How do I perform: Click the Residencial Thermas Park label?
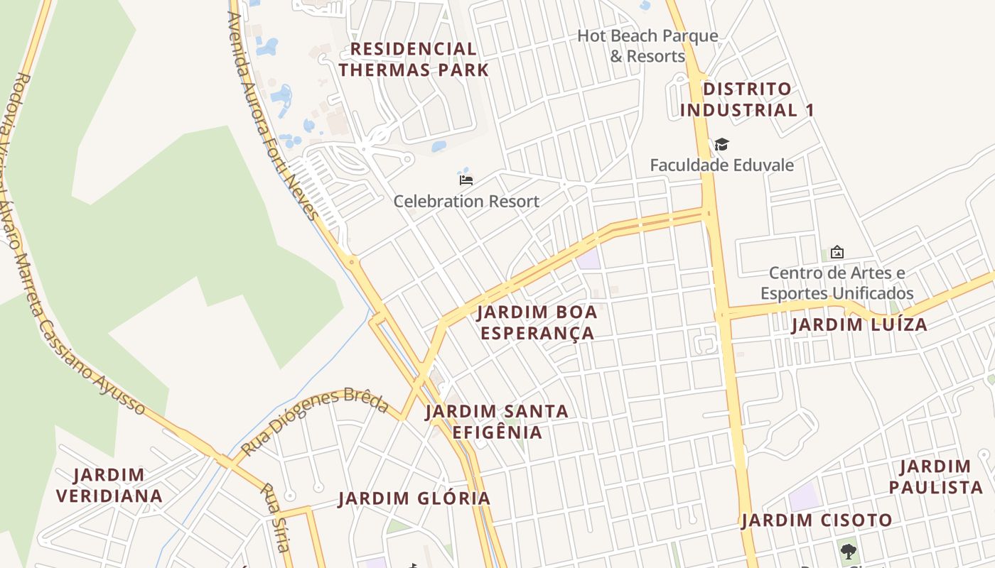(x=414, y=60)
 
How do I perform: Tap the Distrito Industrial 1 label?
(x=746, y=99)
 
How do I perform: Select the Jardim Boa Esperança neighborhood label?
(x=537, y=322)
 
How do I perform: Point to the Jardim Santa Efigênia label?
(x=497, y=422)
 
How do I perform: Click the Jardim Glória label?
(x=414, y=498)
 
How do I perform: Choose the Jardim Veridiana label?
(x=109, y=485)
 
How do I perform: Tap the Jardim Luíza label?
(x=859, y=325)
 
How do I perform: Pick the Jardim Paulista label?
(x=935, y=477)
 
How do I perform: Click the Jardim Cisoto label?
(x=817, y=520)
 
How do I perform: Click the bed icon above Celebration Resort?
(x=466, y=180)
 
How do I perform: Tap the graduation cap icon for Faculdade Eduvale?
(x=722, y=145)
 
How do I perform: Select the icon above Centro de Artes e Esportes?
(x=837, y=252)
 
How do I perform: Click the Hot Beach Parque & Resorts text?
(x=647, y=45)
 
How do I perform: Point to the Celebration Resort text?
(x=466, y=202)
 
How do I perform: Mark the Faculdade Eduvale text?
(x=722, y=165)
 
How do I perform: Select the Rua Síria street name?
(x=276, y=518)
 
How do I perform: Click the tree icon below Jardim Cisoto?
(x=847, y=551)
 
